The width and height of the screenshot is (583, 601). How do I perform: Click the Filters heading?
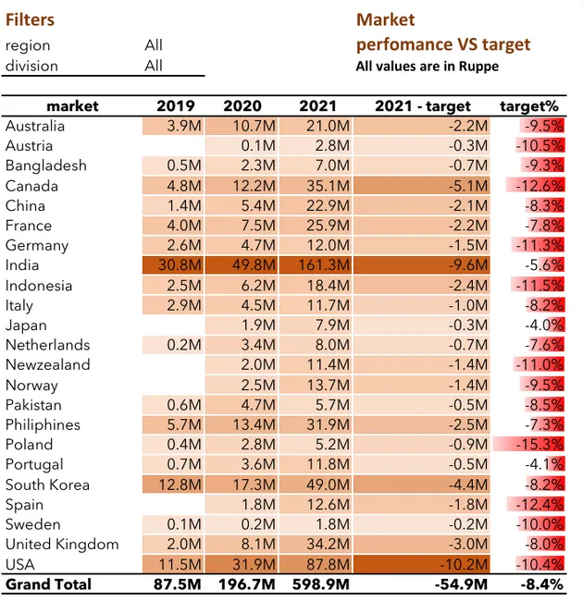click(30, 19)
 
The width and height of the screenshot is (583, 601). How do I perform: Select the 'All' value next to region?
click(154, 45)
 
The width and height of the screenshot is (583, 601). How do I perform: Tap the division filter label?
click(31, 66)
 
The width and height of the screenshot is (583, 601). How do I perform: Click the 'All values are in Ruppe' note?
click(428, 67)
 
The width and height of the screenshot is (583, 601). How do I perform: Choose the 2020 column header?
click(242, 106)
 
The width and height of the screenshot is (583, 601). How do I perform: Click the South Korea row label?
click(47, 484)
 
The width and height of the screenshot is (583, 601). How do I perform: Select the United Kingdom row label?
click(62, 545)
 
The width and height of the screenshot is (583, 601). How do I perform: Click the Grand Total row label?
click(48, 584)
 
